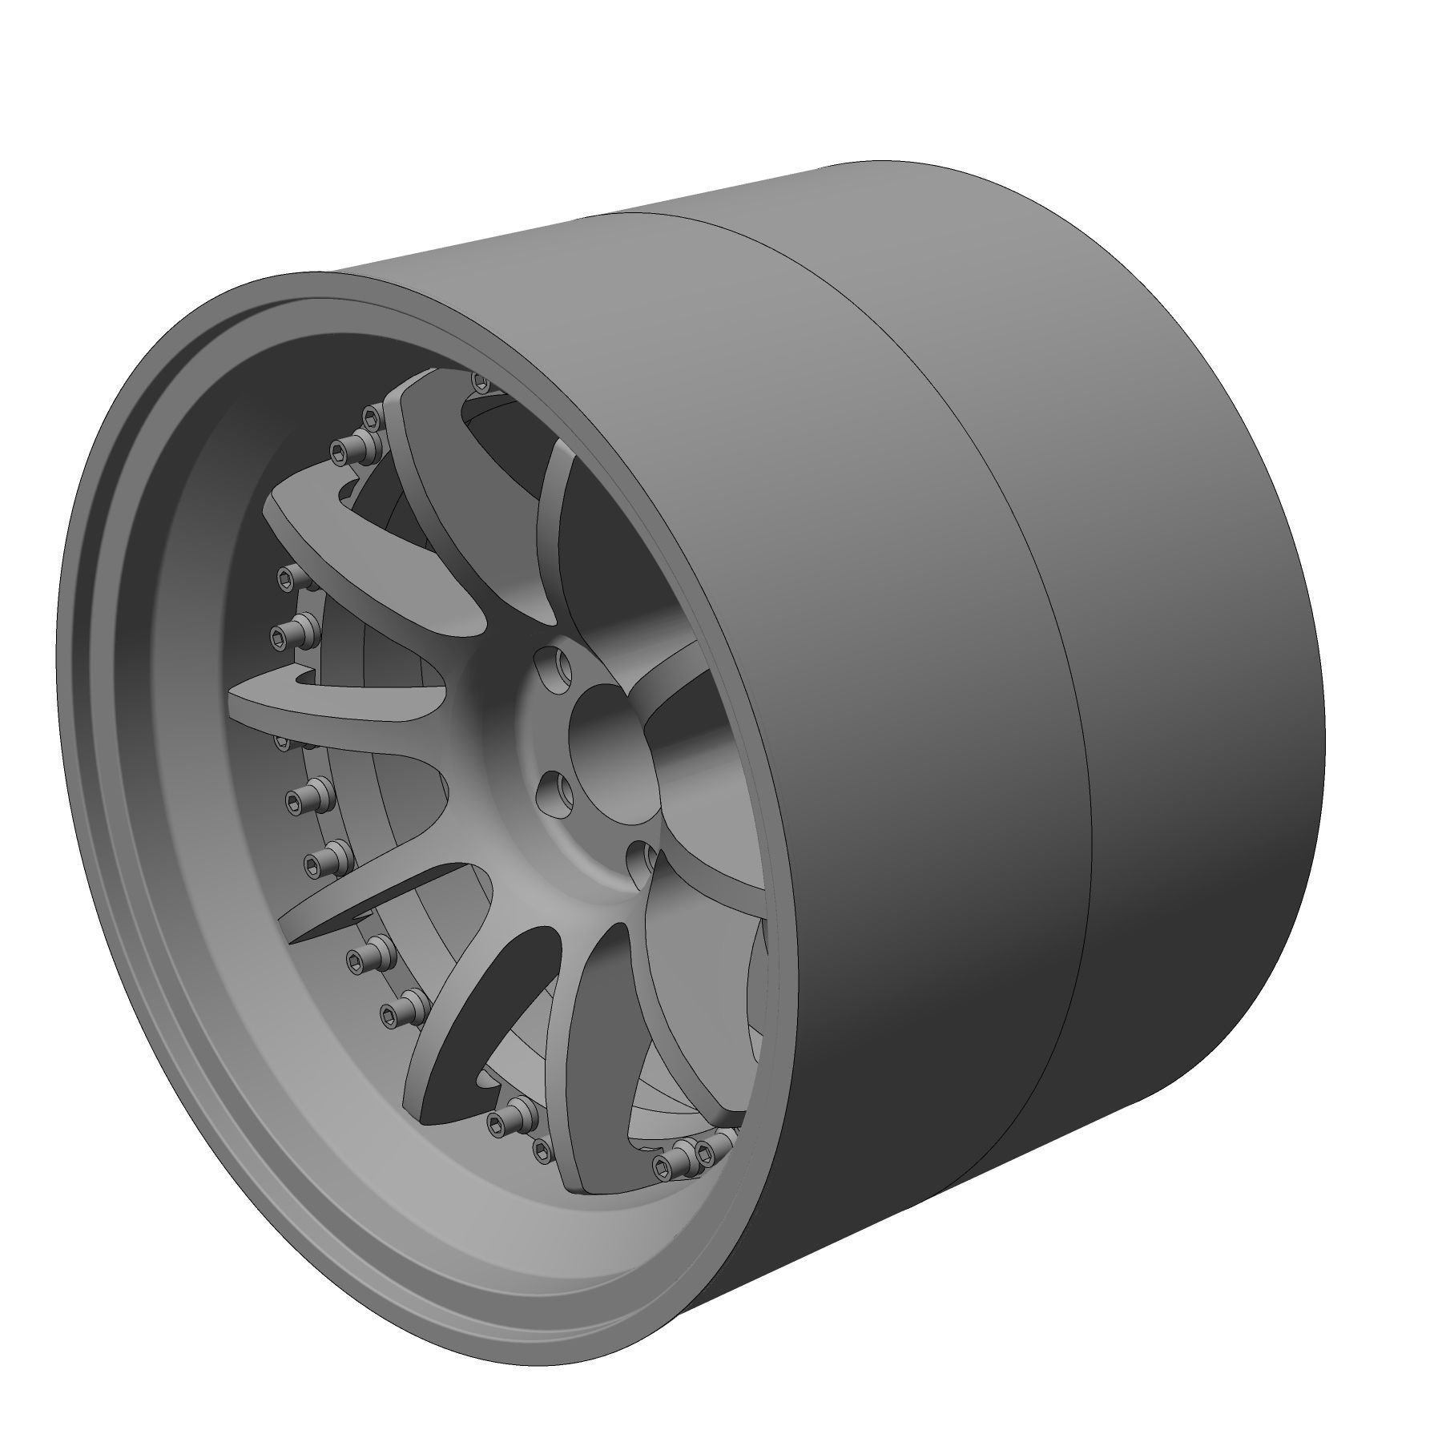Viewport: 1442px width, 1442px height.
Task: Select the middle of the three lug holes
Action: pyautogui.click(x=556, y=794)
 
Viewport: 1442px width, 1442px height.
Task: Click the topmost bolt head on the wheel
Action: pyautogui.click(x=481, y=382)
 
